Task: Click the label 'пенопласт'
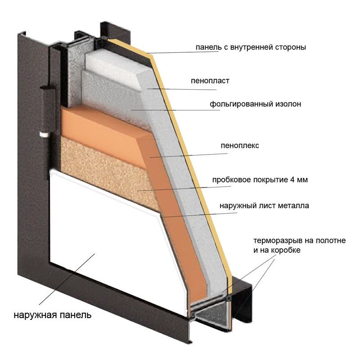click(210, 81)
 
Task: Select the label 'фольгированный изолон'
click(255, 104)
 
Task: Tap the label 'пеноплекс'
click(240, 146)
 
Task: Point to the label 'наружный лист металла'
click(264, 205)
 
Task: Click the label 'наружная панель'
click(53, 314)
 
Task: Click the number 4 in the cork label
click(292, 179)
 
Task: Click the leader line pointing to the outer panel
click(67, 279)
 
